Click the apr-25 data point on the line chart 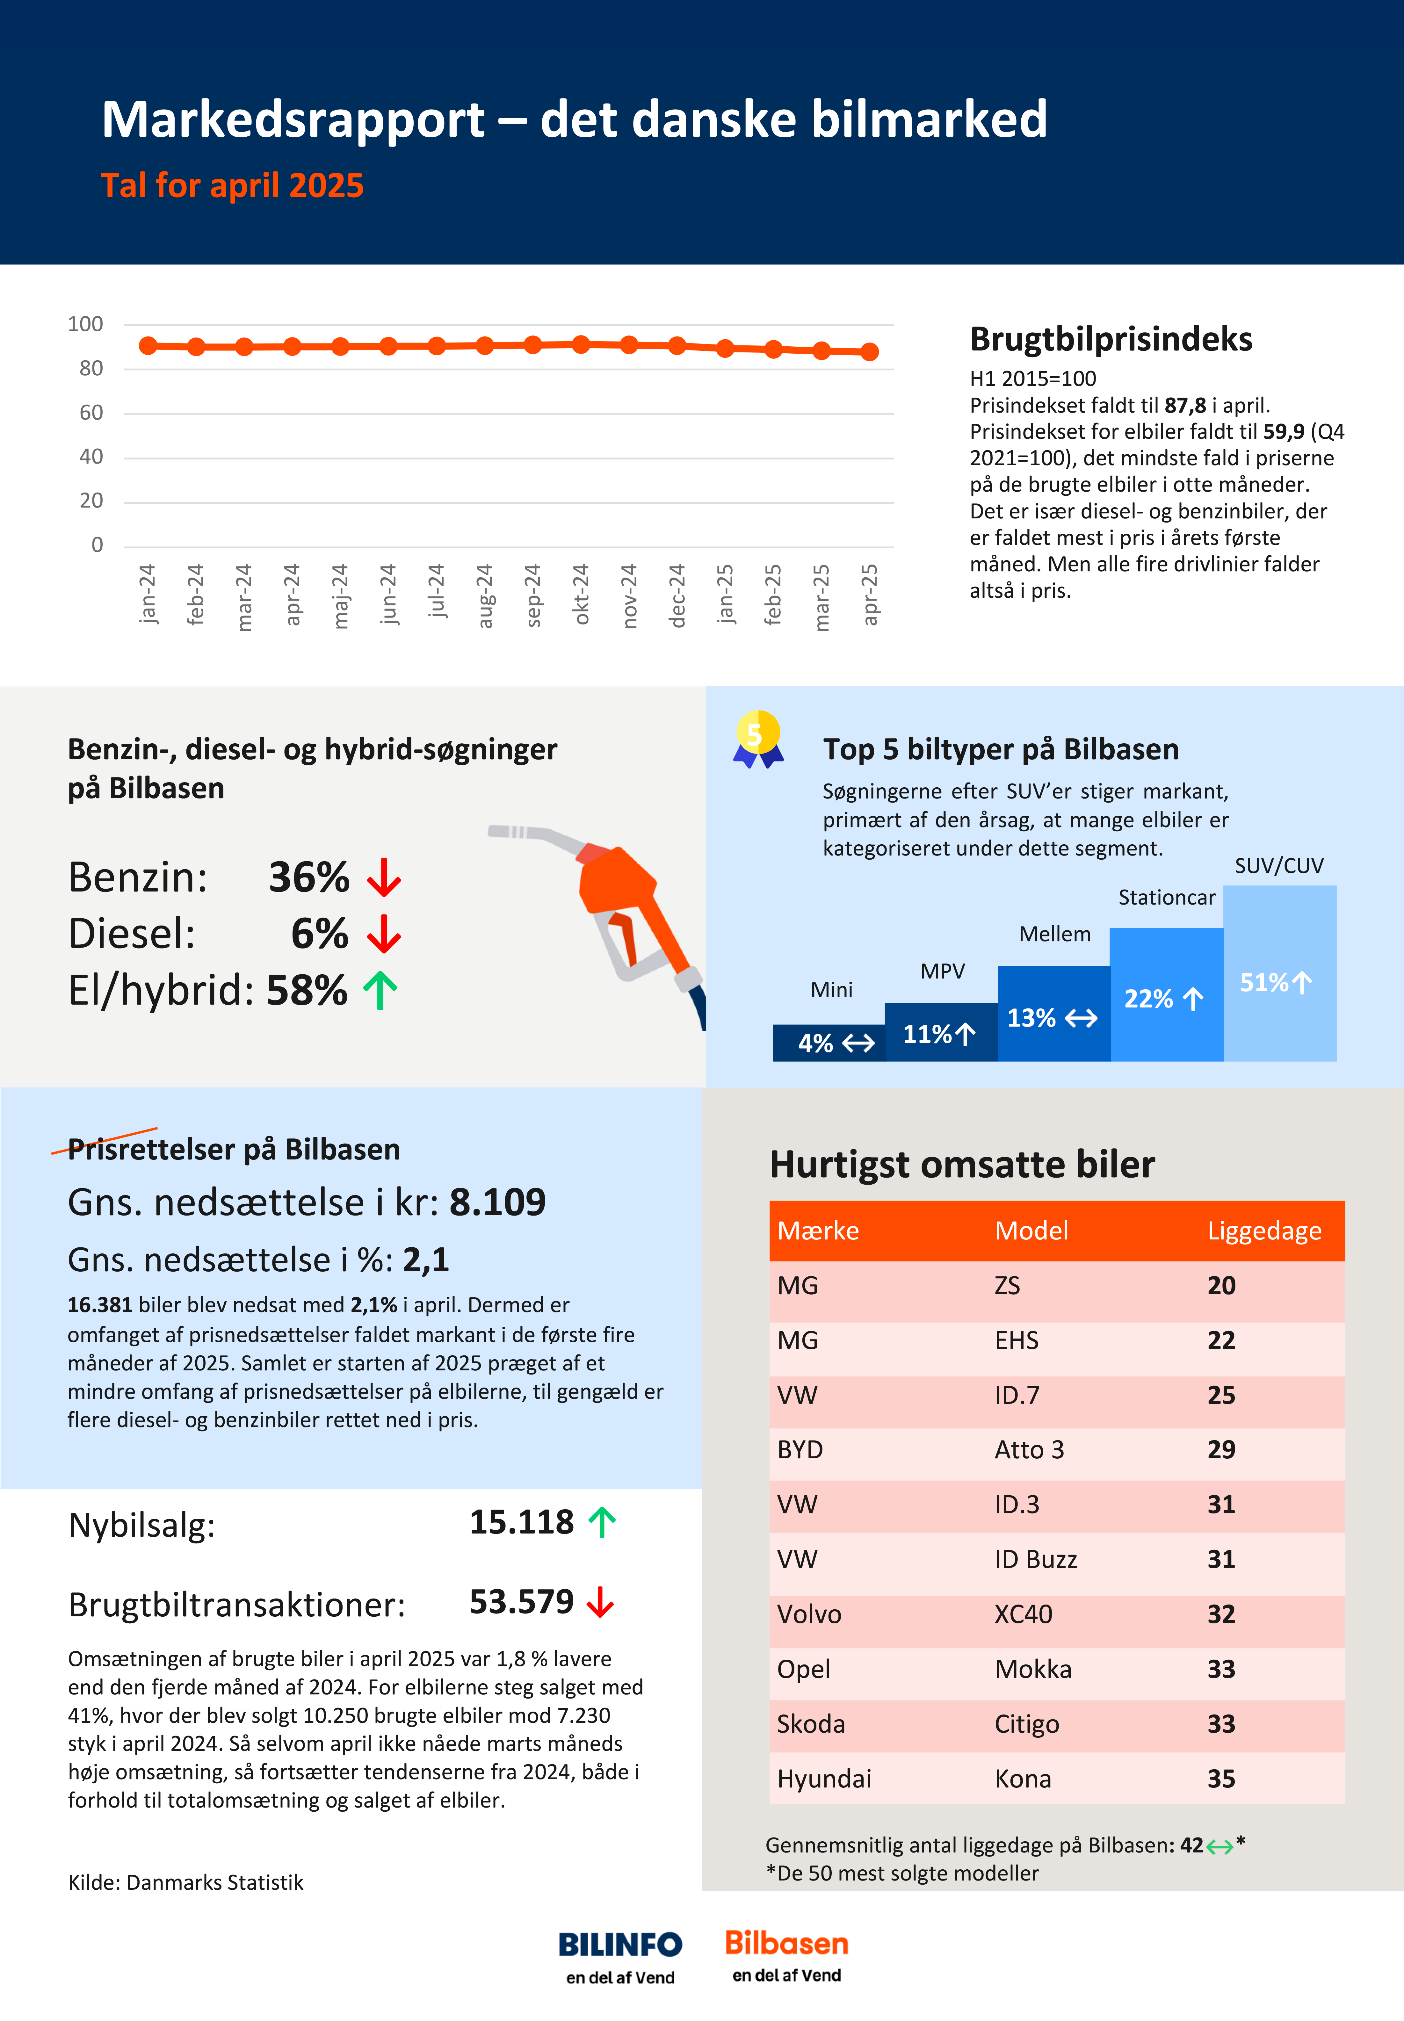click(869, 352)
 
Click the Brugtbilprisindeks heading click(1111, 339)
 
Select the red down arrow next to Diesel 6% click(384, 934)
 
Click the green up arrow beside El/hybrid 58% click(380, 990)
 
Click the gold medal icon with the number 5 click(757, 739)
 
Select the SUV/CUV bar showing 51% click(1280, 973)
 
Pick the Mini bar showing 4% click(829, 1043)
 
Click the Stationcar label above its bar click(1167, 897)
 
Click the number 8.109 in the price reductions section click(498, 1202)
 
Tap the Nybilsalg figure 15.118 click(522, 1521)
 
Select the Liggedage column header click(1264, 1231)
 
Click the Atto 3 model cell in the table click(1029, 1449)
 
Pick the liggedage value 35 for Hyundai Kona click(1221, 1778)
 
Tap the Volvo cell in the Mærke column click(809, 1614)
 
